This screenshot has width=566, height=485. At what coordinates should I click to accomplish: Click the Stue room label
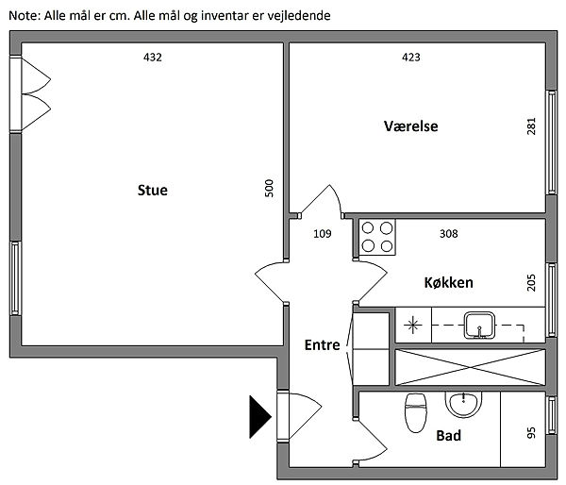[152, 191]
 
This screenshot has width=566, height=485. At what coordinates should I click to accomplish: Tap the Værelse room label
[411, 126]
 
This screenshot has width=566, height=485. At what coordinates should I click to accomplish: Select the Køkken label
[448, 282]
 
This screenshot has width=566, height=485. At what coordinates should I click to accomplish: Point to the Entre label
[322, 345]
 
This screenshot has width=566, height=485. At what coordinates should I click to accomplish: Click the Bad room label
[448, 437]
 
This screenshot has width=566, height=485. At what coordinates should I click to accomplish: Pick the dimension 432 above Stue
[153, 58]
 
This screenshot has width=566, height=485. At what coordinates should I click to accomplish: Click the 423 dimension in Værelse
[410, 58]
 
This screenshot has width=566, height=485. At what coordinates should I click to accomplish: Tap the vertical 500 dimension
[269, 188]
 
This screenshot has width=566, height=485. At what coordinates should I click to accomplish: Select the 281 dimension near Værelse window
[531, 126]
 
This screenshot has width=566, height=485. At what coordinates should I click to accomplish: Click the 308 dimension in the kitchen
[448, 233]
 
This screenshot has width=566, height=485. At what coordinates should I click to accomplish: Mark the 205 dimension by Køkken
[531, 281]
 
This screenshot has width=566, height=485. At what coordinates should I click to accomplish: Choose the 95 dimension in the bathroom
[531, 433]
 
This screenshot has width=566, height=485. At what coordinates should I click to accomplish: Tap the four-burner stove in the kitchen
[377, 237]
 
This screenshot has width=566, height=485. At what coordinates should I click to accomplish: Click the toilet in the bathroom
[414, 412]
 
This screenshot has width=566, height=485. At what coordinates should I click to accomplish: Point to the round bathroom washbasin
[463, 405]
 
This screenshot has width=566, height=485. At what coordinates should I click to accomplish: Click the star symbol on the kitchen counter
[412, 327]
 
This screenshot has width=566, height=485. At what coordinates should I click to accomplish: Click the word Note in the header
[23, 16]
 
